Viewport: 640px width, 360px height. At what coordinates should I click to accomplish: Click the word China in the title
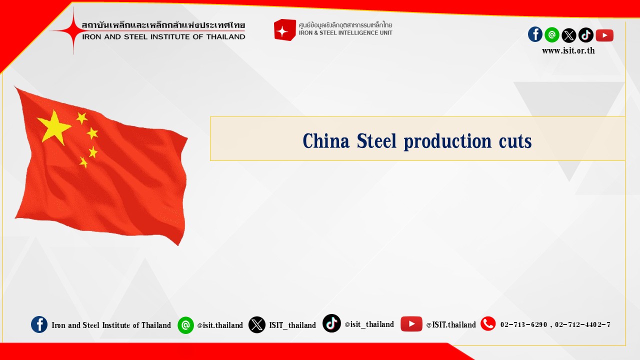[x=326, y=141]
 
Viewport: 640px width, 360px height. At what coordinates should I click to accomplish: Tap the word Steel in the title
[x=376, y=141]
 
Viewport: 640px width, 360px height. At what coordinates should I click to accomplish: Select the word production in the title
[x=447, y=141]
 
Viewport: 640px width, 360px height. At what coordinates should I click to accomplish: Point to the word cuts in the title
[x=515, y=142]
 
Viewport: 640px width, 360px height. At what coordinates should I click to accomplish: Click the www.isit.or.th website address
[x=568, y=50]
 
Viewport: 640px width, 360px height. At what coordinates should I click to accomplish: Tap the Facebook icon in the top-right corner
[x=535, y=34]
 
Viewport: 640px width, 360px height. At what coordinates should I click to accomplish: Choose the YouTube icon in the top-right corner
[x=604, y=35]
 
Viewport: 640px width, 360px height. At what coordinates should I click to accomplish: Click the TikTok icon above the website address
[x=585, y=35]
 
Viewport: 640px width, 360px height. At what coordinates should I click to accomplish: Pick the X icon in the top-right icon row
[x=569, y=35]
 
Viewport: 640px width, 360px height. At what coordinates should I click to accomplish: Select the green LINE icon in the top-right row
[x=552, y=35]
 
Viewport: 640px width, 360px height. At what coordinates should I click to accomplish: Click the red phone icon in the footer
[x=488, y=323]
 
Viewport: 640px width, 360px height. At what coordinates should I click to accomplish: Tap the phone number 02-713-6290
[x=523, y=324]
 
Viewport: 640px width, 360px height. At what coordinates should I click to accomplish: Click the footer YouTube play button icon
[x=411, y=324]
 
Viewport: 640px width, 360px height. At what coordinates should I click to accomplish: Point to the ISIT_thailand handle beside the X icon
[x=292, y=325]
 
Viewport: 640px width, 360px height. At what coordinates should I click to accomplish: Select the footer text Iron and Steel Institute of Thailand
[x=111, y=325]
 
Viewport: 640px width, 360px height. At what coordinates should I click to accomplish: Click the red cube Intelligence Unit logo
[x=284, y=30]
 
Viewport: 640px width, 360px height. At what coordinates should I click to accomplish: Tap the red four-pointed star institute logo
[x=73, y=30]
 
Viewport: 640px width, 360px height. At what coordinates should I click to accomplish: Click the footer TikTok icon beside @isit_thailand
[x=331, y=323]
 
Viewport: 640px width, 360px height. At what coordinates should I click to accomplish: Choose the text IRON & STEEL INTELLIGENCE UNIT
[x=345, y=33]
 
